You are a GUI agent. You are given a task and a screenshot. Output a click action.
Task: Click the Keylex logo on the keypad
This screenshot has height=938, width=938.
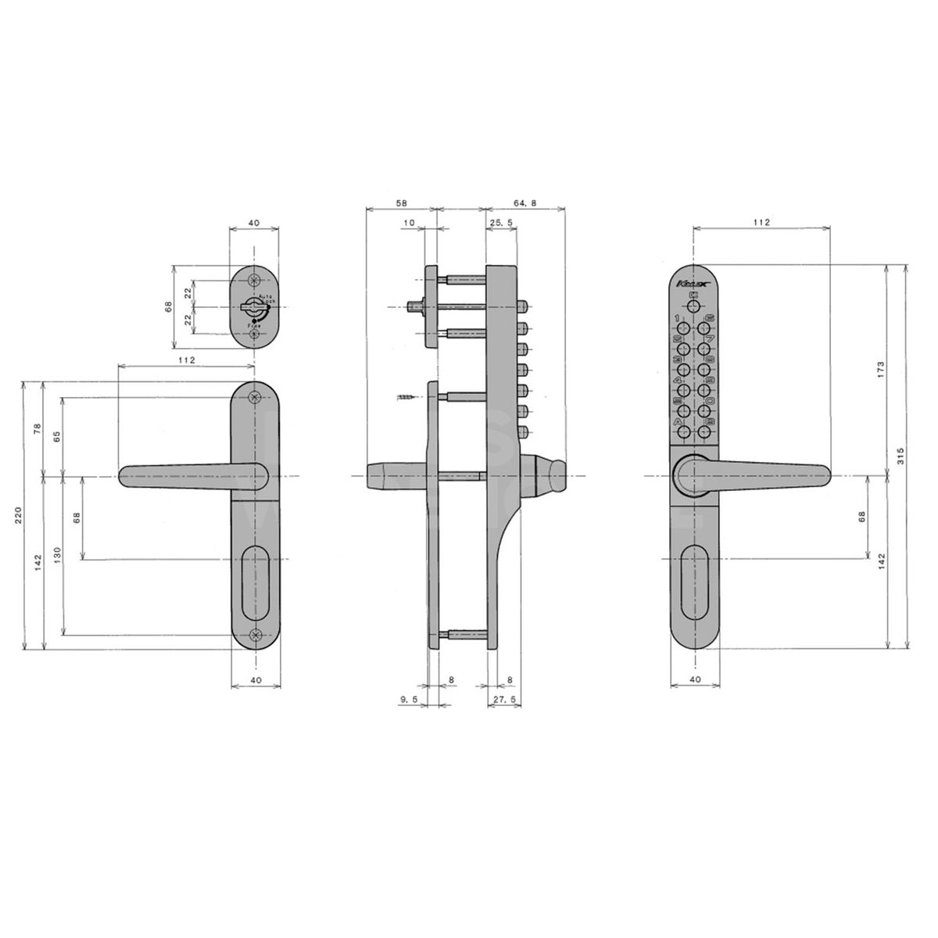[x=690, y=282]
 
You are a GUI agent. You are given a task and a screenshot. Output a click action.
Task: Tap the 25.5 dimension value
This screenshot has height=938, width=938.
[x=500, y=223]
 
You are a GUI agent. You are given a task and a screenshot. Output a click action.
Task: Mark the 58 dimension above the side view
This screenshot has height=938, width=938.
[x=399, y=203]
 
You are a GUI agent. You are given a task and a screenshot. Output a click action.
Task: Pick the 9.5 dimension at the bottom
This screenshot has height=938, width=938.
[x=408, y=700]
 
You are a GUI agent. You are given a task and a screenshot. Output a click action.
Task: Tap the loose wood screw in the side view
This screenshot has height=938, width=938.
[x=407, y=399]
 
